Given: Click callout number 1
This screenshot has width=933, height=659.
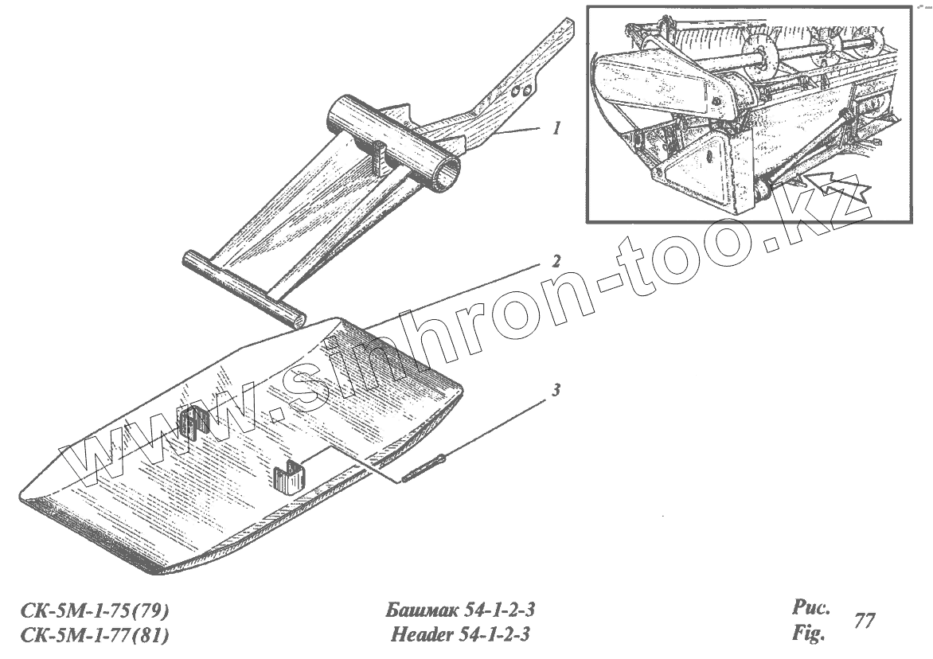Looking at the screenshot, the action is pyautogui.click(x=557, y=127).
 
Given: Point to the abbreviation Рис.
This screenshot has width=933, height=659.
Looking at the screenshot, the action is pyautogui.click(x=811, y=609).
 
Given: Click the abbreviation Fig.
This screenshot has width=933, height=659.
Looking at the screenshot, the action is pyautogui.click(x=807, y=635).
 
